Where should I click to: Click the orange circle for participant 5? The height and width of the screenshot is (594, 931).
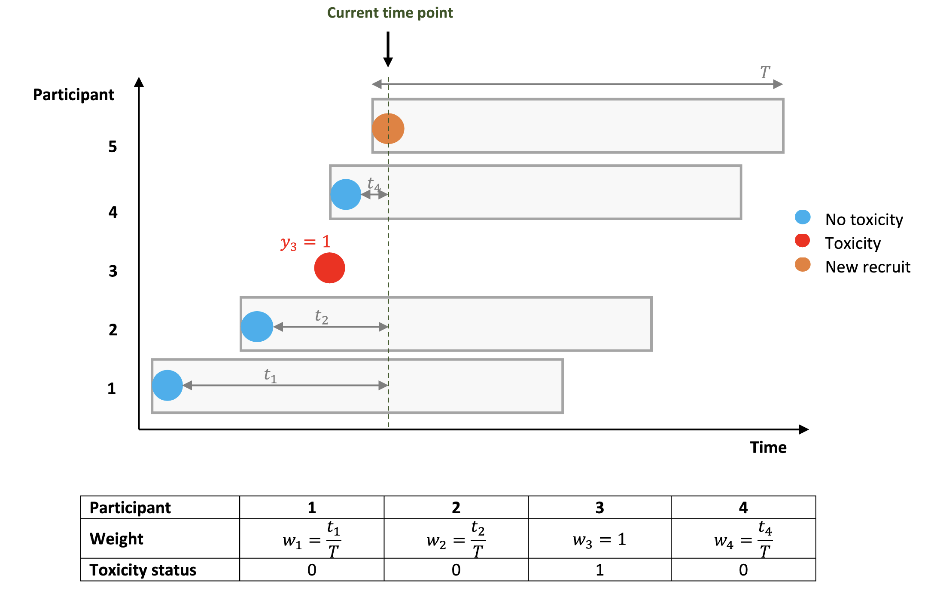(388, 129)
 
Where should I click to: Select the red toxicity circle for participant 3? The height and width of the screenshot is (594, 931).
(329, 268)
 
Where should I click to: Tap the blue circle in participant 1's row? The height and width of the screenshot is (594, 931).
(167, 386)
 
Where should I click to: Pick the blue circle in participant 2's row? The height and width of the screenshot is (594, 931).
(257, 327)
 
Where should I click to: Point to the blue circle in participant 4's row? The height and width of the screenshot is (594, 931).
(346, 194)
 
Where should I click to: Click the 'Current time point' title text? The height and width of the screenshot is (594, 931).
(390, 13)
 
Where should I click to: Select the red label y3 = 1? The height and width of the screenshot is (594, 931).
(305, 242)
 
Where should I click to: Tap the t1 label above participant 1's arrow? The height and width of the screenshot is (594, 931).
(270, 375)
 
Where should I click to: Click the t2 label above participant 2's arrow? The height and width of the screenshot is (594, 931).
(321, 316)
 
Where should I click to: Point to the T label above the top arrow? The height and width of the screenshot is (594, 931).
(765, 72)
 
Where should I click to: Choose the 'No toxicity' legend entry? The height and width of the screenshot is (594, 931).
(864, 220)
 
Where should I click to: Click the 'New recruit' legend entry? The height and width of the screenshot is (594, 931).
(867, 267)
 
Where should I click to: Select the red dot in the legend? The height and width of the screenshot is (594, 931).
(802, 241)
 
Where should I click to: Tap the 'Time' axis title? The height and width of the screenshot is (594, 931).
(768, 447)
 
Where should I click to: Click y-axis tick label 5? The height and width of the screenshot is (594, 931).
(113, 147)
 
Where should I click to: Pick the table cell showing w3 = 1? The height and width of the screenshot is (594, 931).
(599, 539)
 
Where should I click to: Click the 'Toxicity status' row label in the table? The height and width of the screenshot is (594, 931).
(143, 570)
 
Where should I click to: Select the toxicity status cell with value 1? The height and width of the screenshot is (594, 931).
(599, 570)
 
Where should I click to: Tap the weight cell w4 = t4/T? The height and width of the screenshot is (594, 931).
(743, 539)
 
